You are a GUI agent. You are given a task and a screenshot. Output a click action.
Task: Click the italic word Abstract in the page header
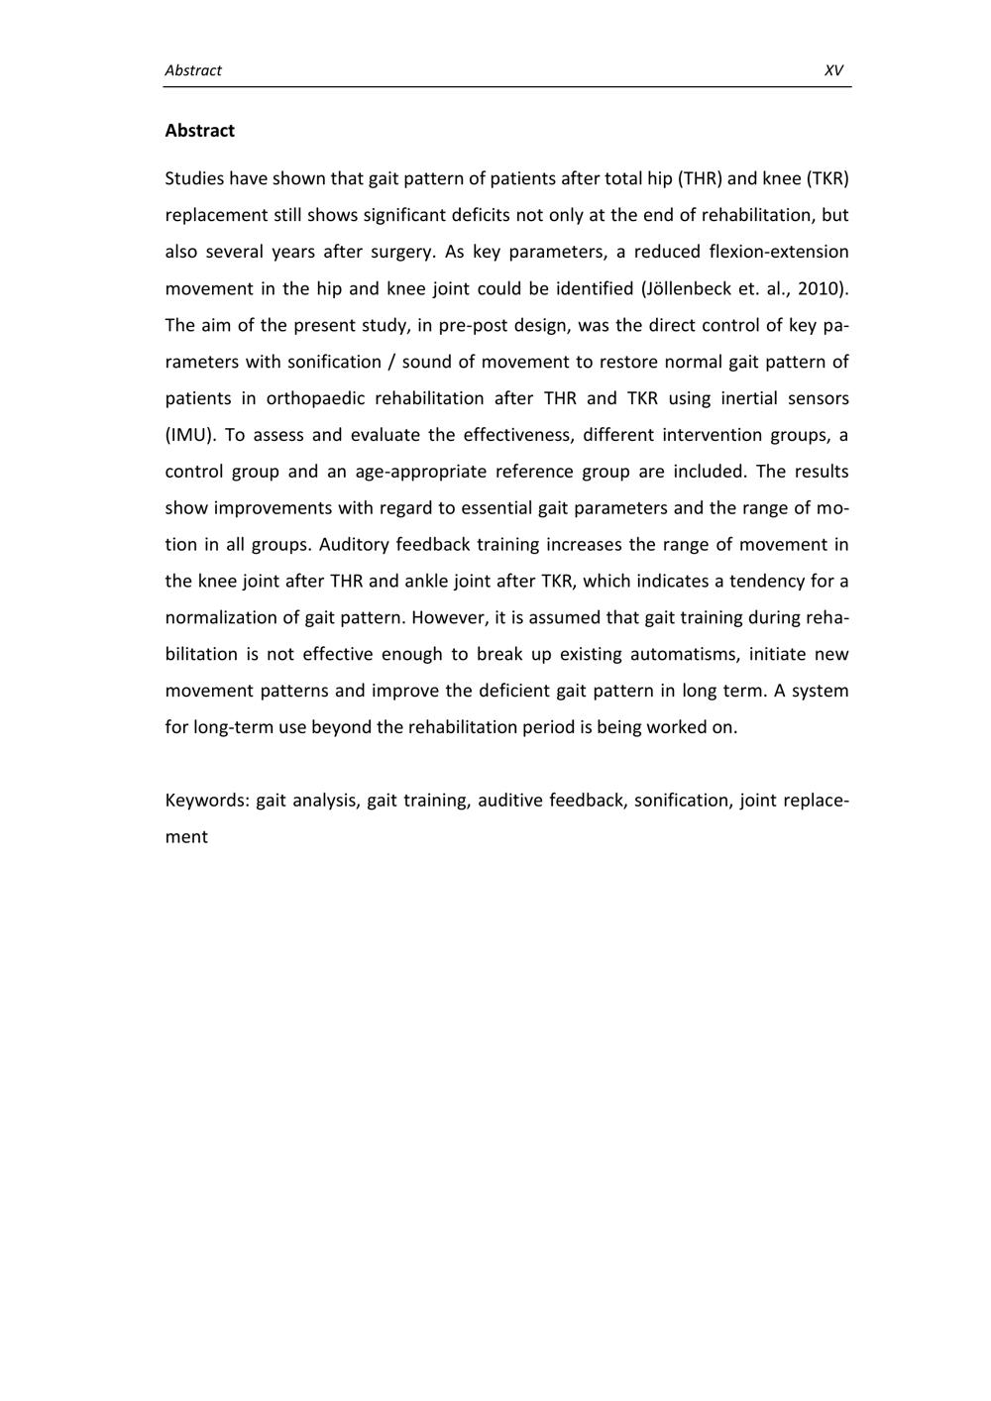(x=193, y=70)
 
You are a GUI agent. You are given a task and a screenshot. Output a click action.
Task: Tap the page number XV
(x=833, y=70)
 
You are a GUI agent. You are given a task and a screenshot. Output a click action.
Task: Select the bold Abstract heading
(x=200, y=131)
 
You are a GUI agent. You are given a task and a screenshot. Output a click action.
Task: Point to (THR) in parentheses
(x=700, y=179)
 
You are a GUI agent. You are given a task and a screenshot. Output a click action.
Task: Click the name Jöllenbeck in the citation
(x=687, y=289)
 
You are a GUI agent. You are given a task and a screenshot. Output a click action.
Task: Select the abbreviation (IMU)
(x=190, y=435)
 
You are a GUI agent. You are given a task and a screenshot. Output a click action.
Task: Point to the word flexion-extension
(x=779, y=252)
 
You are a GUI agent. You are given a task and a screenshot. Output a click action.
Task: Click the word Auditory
(x=354, y=545)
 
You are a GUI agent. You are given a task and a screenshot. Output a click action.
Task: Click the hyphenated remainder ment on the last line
(x=186, y=837)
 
